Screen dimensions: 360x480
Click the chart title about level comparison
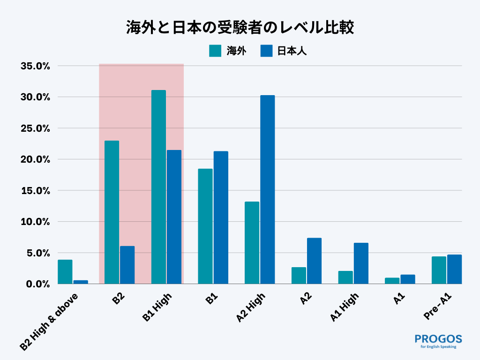tap(240, 27)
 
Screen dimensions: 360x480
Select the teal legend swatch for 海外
tap(215, 51)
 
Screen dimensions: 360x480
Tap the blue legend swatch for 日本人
tap(266, 51)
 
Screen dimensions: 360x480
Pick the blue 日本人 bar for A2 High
tap(267, 189)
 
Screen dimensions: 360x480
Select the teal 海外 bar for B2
tap(112, 212)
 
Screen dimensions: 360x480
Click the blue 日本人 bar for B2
tap(127, 265)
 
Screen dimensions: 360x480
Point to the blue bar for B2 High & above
tap(81, 282)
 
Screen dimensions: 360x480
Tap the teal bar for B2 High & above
tap(65, 272)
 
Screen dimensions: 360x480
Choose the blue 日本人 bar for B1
tap(221, 217)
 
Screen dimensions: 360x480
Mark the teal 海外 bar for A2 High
tap(252, 242)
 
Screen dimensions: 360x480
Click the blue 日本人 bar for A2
tap(314, 261)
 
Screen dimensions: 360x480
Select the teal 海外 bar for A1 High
tap(345, 277)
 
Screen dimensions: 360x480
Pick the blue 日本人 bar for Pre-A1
tap(454, 269)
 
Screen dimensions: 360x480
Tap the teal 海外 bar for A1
tap(392, 281)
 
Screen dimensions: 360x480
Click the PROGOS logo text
tap(438, 339)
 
